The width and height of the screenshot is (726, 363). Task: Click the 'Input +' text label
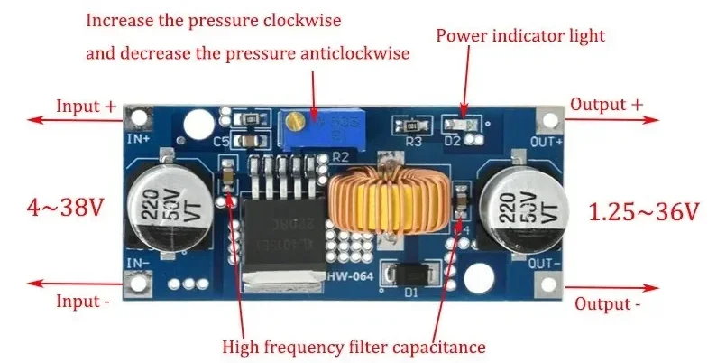[86, 106]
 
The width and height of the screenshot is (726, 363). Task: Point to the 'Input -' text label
[83, 301]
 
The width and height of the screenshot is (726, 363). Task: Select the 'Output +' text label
[609, 105]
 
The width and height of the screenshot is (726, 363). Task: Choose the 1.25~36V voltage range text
[644, 212]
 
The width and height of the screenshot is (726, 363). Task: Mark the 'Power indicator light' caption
[520, 36]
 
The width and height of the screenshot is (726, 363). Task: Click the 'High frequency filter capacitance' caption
[354, 346]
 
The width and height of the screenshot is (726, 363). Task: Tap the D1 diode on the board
[410, 274]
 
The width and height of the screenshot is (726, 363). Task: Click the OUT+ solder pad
[549, 120]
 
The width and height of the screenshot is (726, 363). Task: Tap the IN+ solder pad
[137, 117]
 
